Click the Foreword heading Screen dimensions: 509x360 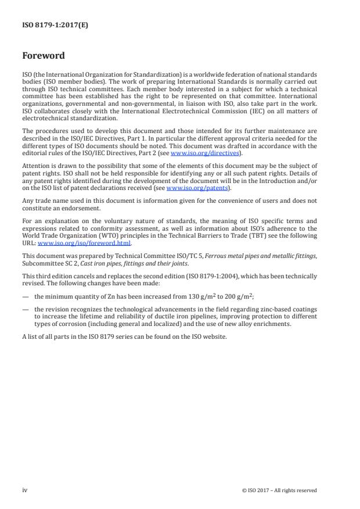click(43, 56)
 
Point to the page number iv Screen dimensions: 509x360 click(25, 490)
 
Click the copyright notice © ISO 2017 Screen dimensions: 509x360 click(261, 490)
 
